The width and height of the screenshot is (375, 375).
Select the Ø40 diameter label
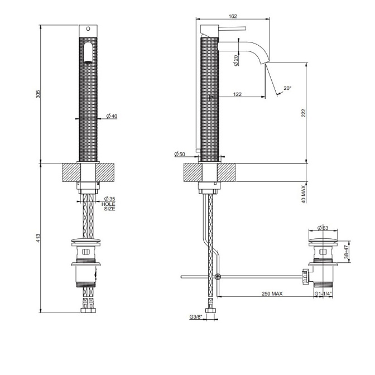pyautogui.click(x=111, y=117)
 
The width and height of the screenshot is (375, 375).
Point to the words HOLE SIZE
pyautogui.click(x=109, y=206)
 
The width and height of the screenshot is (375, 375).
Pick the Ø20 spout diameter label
pyautogui.click(x=236, y=60)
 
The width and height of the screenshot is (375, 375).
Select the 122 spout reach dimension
pyautogui.click(x=237, y=94)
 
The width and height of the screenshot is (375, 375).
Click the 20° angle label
pyautogui.click(x=287, y=88)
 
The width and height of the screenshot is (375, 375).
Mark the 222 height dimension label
pyautogui.click(x=304, y=113)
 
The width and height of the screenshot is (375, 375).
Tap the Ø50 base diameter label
pyautogui.click(x=180, y=153)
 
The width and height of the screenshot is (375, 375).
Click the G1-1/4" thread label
pyautogui.click(x=323, y=294)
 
